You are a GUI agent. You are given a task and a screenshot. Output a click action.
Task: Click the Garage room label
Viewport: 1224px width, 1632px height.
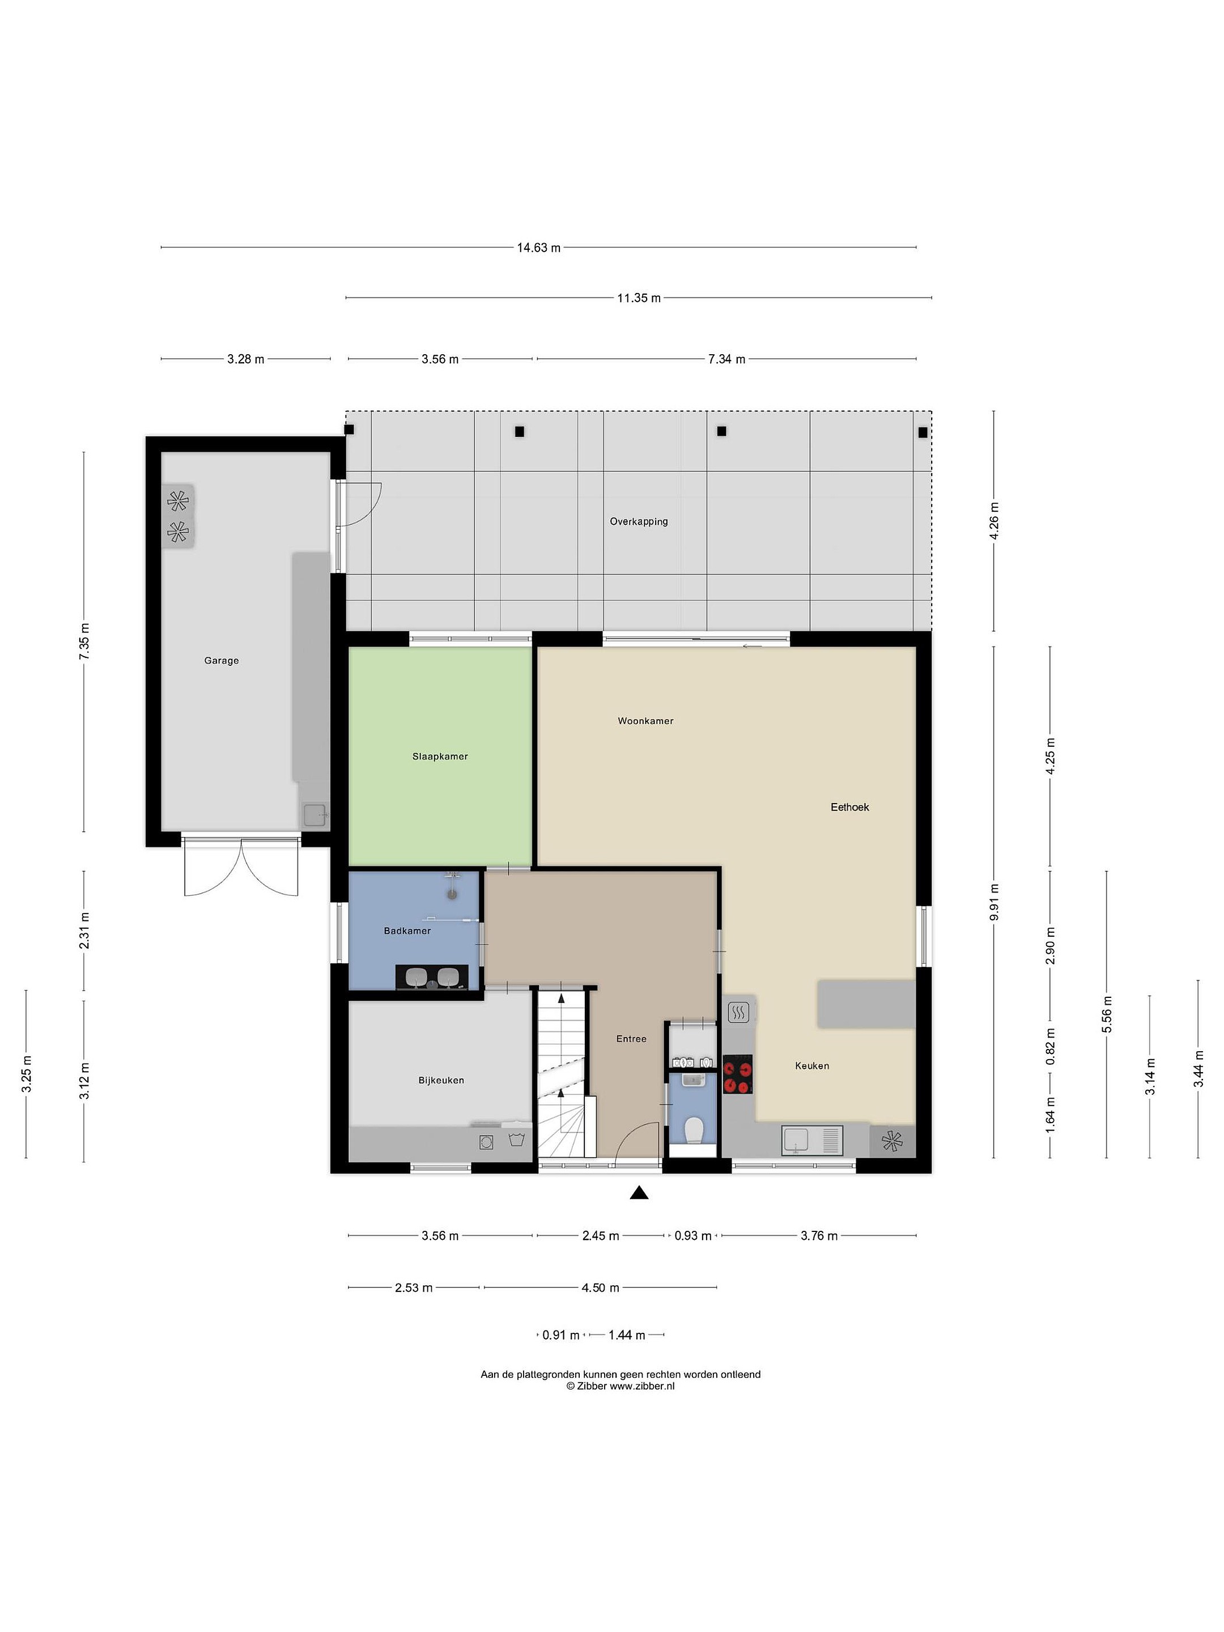[222, 660]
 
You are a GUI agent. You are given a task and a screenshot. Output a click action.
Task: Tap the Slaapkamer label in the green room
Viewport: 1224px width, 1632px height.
[440, 756]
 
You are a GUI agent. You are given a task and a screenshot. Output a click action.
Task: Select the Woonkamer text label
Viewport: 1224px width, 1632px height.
[645, 721]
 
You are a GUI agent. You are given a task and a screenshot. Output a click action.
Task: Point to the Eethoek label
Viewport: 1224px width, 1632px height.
[850, 807]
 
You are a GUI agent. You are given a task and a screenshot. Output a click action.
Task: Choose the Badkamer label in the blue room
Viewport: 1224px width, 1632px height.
[407, 931]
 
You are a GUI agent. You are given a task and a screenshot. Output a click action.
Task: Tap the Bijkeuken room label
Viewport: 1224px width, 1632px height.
[441, 1080]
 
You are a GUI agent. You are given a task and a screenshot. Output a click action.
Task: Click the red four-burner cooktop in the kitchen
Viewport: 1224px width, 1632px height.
[738, 1074]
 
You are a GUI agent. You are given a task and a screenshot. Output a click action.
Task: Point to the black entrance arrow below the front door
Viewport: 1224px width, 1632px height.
[639, 1192]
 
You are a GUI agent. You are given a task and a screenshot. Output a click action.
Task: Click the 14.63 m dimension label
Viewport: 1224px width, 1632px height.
[538, 248]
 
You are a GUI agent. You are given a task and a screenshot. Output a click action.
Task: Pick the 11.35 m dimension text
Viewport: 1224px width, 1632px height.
[639, 298]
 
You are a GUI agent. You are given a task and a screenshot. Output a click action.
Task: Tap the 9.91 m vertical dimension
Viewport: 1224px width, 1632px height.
[994, 902]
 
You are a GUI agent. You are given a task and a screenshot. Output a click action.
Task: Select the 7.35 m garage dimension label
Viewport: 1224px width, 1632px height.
[84, 642]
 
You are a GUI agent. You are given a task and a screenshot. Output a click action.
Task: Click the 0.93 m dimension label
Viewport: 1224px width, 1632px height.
[693, 1235]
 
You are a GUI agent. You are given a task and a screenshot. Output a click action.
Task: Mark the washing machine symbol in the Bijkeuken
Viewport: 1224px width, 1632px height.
[486, 1142]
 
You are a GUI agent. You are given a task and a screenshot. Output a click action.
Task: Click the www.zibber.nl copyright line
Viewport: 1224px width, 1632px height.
[620, 1385]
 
